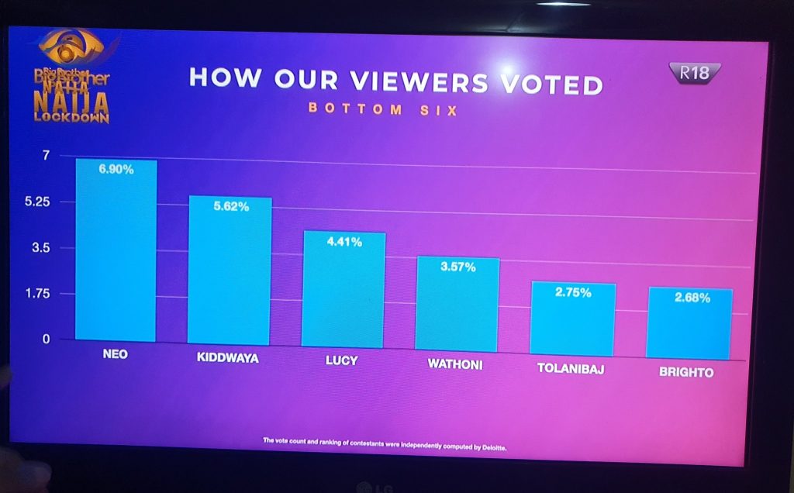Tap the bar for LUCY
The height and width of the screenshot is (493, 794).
click(343, 290)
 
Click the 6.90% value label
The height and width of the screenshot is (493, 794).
click(116, 169)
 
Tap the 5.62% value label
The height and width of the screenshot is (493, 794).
click(231, 207)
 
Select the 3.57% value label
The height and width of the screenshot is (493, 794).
click(458, 267)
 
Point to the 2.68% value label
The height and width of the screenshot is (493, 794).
click(692, 298)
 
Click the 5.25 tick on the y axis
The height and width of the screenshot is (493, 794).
click(37, 202)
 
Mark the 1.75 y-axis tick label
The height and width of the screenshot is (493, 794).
click(37, 294)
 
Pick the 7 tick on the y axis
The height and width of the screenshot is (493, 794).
click(45, 156)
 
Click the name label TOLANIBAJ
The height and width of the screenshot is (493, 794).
click(571, 369)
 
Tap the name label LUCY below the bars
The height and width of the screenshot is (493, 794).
click(341, 361)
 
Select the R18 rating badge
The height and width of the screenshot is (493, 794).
click(695, 74)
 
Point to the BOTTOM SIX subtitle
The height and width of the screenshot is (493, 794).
click(383, 109)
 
